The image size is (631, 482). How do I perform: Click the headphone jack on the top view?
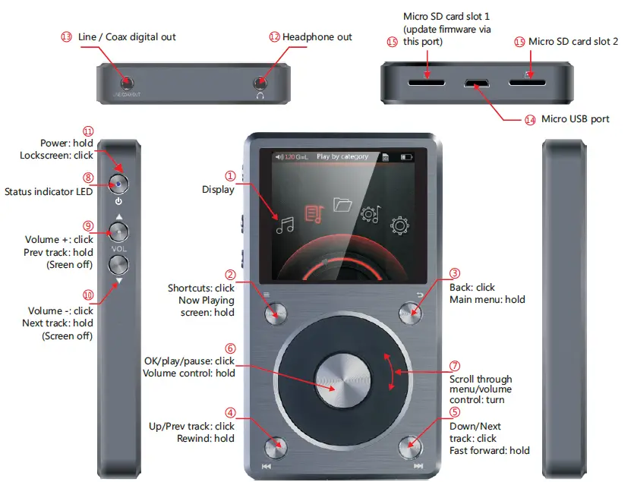pos(261,81)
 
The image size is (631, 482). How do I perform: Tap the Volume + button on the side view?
pos(118,230)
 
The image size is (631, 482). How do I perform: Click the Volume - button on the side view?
pos(118,265)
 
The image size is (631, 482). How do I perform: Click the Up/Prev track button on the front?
pos(276,445)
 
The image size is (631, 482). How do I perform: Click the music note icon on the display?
pos(285,224)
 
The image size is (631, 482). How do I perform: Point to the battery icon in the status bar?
pos(407,157)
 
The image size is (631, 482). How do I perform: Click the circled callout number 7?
pos(455,365)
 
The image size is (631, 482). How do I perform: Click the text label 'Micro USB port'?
pos(575,119)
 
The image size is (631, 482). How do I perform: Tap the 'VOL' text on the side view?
pos(118,248)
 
